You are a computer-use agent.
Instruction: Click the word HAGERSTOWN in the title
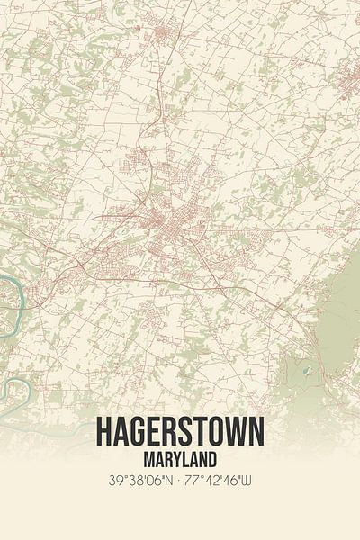tap(180, 433)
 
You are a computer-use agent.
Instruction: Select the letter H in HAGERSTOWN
tap(104, 433)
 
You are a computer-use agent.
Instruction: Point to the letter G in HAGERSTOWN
tap(139, 433)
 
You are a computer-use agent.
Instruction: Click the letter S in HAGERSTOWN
tap(188, 433)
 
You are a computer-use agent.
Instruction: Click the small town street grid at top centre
tap(163, 36)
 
